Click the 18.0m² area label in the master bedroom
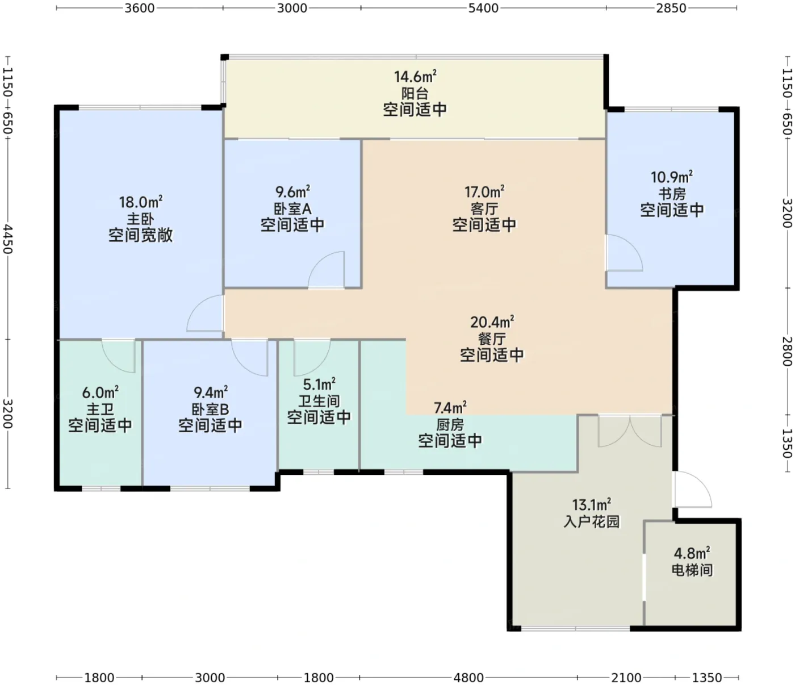tap(140, 202)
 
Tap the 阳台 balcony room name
tap(415, 94)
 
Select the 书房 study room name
tap(672, 194)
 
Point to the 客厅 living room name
tap(484, 208)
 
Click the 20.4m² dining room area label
tap(492, 322)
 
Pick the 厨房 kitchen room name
tap(450, 425)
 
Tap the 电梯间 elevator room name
tap(692, 570)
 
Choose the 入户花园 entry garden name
tap(592, 521)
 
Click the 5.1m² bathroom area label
tap(319, 384)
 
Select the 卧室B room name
tap(210, 409)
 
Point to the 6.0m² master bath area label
tap(100, 392)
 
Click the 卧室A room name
tap(292, 208)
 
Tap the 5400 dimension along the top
tap(483, 8)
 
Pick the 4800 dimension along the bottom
tap(468, 677)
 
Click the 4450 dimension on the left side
tap(8, 240)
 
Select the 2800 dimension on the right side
tap(787, 351)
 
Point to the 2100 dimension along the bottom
tap(626, 677)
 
